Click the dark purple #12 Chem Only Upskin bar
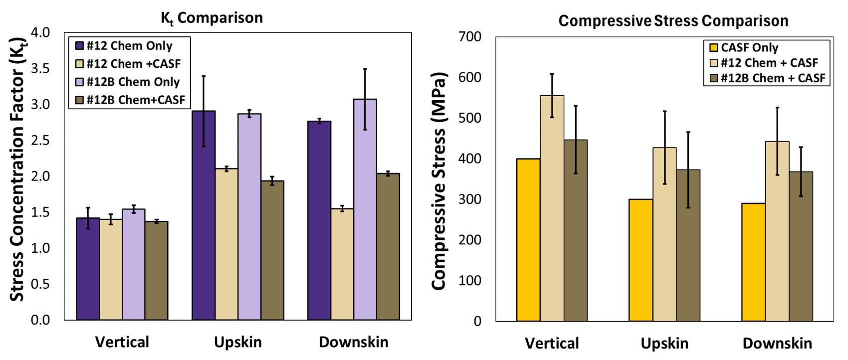204,214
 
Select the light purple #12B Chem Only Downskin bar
365,209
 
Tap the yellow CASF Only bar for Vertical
528,239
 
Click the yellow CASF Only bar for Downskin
754,262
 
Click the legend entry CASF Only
743,48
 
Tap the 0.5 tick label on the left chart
40,284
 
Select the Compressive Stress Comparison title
673,21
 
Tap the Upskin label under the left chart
238,342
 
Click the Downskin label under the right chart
777,344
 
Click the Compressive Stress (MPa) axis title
438,180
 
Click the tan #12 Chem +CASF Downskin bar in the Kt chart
342,264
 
